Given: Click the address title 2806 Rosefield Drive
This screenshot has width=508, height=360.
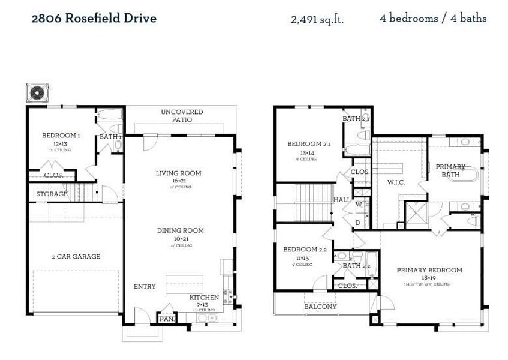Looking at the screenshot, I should [x=94, y=18].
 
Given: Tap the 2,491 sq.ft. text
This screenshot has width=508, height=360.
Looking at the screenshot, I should [x=317, y=19].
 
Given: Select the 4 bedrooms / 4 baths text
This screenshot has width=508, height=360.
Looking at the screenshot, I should [x=433, y=18].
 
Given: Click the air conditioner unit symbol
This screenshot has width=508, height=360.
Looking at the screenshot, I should [x=37, y=93].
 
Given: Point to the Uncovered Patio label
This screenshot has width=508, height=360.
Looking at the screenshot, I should [x=182, y=115].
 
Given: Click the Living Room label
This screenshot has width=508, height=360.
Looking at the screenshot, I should [x=178, y=173].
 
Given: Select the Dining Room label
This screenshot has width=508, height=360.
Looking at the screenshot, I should [x=180, y=230].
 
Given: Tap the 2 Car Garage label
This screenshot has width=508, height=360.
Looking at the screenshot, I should [x=76, y=257].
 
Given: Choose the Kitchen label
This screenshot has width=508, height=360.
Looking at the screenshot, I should [x=205, y=298].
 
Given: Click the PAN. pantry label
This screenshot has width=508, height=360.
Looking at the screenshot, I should [x=167, y=319].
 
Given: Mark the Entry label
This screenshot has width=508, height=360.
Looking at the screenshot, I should [x=145, y=287].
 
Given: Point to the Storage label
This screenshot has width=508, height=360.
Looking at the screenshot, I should [x=52, y=194].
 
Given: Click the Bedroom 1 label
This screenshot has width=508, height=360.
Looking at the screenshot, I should [x=60, y=136].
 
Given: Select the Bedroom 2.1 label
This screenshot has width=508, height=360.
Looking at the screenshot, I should [x=309, y=144].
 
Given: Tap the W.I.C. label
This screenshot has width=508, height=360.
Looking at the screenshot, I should [x=396, y=182].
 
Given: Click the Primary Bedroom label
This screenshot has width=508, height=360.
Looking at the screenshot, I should [x=429, y=270].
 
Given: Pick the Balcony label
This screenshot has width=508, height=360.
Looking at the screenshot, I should [x=321, y=307].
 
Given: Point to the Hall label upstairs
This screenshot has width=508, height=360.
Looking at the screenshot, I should [x=342, y=200].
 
